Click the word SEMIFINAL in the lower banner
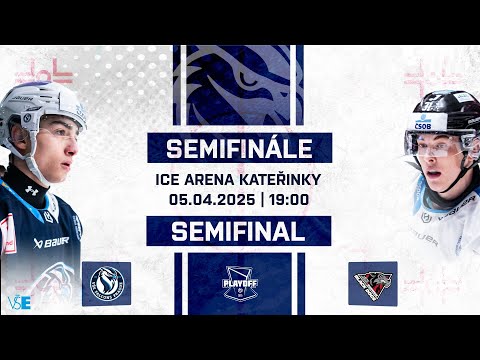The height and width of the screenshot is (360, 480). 238,231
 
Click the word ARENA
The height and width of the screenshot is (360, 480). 220,181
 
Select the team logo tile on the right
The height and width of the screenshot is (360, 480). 373,283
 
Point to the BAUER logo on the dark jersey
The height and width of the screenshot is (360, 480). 50,242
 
